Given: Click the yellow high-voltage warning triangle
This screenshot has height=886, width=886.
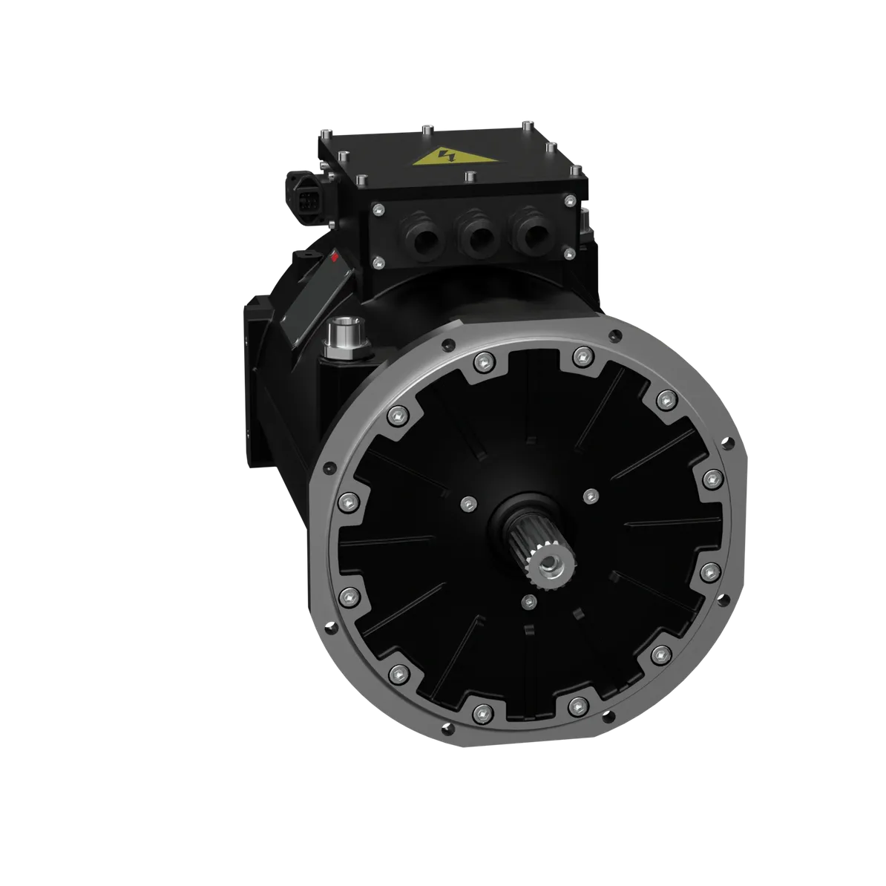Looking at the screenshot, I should pyautogui.click(x=446, y=157).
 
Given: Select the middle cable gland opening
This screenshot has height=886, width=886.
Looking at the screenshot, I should pyautogui.click(x=475, y=237).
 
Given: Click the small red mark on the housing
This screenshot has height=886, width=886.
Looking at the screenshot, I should pyautogui.click(x=335, y=259).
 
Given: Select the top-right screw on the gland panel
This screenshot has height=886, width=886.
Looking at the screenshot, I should pyautogui.click(x=569, y=201).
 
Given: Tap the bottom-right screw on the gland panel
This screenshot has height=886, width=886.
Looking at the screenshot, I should pyautogui.click(x=569, y=255).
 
